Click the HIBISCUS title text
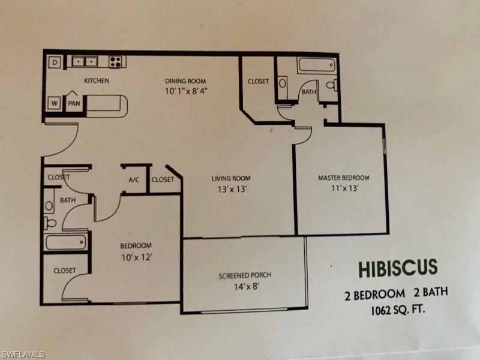tap(398, 268)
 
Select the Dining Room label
tap(185, 81)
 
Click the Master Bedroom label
tap(343, 178)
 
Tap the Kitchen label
tap(96, 80)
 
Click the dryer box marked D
tap(54, 62)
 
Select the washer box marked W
tap(54, 103)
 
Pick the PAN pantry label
tap(74, 103)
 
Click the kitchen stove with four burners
tap(115, 61)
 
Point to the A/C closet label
tap(134, 179)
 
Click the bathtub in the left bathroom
tap(66, 242)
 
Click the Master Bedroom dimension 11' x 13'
tap(343, 188)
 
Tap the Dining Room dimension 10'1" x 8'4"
tap(185, 91)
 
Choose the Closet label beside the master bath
tap(258, 81)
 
